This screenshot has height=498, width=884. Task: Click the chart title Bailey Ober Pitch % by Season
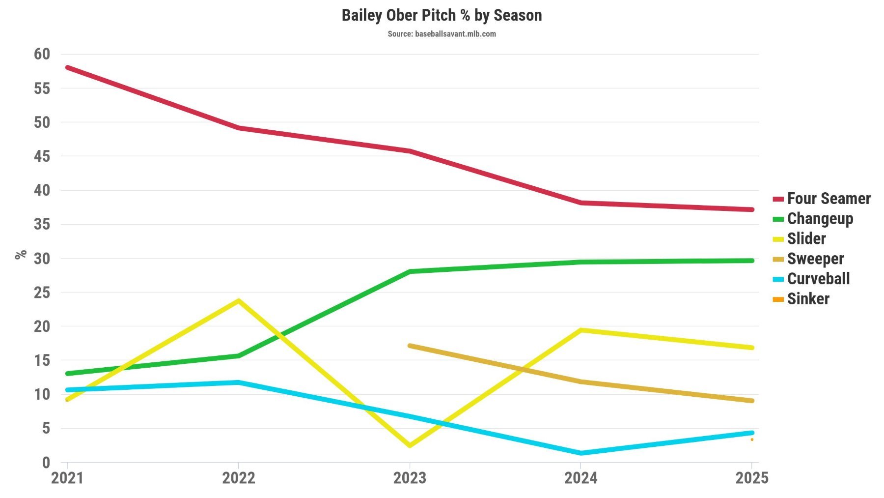[442, 15]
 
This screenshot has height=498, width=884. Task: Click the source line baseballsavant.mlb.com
[442, 34]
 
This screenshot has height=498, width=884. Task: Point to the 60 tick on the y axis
[42, 54]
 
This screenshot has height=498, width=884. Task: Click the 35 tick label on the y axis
[42, 224]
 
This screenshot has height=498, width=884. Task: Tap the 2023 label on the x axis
[410, 478]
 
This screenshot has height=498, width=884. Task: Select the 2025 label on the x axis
[751, 478]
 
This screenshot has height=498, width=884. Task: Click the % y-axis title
[21, 255]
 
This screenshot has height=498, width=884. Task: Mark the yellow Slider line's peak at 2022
[238, 300]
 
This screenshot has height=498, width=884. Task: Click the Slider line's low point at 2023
[410, 445]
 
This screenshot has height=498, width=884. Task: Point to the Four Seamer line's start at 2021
[67, 67]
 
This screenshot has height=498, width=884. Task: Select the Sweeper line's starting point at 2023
[410, 346]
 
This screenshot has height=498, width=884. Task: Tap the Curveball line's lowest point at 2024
[580, 453]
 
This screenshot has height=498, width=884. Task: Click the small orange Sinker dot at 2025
[752, 439]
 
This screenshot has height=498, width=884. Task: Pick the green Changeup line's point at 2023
[410, 271]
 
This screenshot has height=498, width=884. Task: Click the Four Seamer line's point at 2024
[580, 203]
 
